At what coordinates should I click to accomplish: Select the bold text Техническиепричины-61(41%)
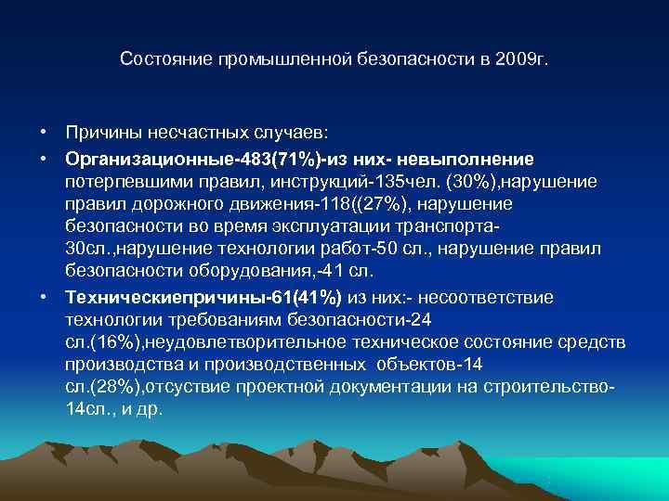203,297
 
